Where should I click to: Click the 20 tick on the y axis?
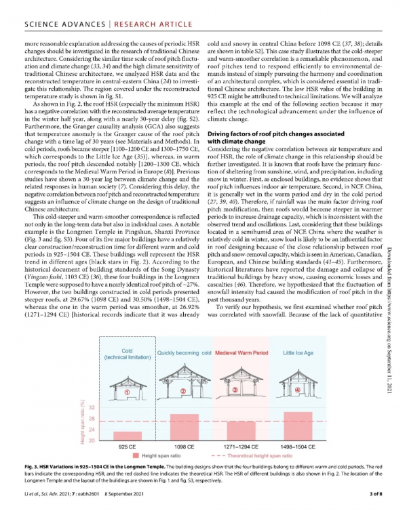click(x=92, y=441)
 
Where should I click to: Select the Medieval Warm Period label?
click(x=242, y=353)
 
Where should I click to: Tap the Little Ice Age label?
click(x=297, y=353)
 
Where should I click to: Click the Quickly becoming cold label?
click(x=185, y=353)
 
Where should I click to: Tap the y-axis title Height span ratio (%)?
click(x=81, y=420)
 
